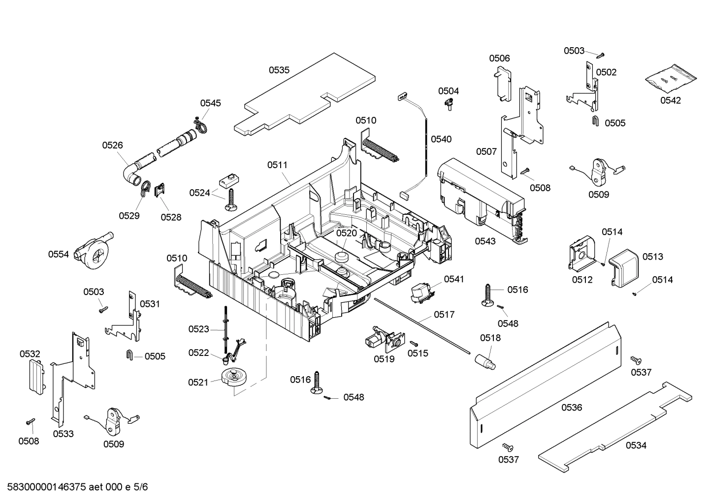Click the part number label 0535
[x=279, y=70]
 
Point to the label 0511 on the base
[x=277, y=165]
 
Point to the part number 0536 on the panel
[x=571, y=407]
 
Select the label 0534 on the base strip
[x=636, y=445]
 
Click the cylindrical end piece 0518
[x=486, y=362]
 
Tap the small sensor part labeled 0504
[x=449, y=104]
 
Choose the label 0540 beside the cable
[x=441, y=139]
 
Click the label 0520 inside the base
[x=346, y=233]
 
